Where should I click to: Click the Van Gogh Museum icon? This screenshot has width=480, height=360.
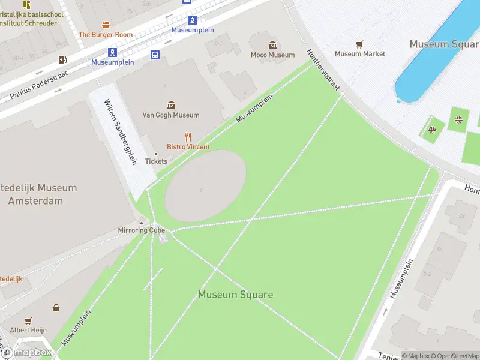coord(171,105)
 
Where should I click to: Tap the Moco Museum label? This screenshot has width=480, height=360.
coord(272,55)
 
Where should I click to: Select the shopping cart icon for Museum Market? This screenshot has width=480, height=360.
coord(359,44)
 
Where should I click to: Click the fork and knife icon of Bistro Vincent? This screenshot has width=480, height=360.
coord(188,137)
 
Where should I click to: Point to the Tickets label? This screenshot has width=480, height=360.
coord(156,161)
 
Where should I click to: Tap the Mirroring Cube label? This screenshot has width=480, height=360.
coord(141,230)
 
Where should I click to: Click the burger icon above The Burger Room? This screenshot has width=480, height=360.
coord(106,25)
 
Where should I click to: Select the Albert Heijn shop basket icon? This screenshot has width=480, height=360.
coord(56,308)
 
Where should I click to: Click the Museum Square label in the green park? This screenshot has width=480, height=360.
coord(235,295)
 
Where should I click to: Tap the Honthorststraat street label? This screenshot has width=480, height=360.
coord(323,70)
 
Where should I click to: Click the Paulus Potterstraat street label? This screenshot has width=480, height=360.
coord(38,85)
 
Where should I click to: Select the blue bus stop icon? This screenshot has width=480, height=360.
coord(155,55)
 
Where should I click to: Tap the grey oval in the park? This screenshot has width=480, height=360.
coord(205,186)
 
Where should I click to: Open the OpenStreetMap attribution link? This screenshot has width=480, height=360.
coord(454,356)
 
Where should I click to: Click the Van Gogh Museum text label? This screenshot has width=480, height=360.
coord(171,115)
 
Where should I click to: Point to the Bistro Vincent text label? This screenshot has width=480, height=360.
coord(188,147)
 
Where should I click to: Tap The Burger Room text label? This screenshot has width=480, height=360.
coord(106,35)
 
